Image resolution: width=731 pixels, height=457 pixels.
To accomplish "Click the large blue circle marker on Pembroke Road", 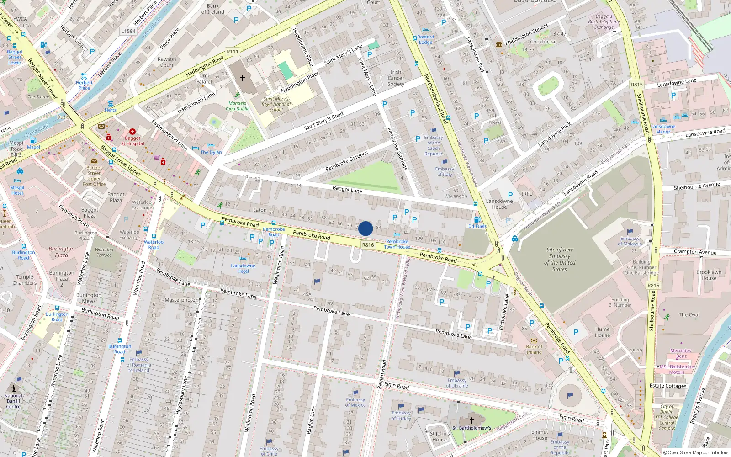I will pyautogui.click(x=365, y=228).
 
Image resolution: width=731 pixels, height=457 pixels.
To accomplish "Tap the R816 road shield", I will pyautogui.click(x=368, y=245).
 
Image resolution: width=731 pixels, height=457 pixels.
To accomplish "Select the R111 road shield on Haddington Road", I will pyautogui.click(x=233, y=52).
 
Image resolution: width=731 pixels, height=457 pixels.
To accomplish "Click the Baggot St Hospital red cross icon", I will pyautogui.click(x=132, y=132).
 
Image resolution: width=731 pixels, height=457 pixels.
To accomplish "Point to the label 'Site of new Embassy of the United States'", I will pyautogui.click(x=560, y=260).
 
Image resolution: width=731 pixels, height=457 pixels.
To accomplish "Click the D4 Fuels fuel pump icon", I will pyautogui.click(x=477, y=220).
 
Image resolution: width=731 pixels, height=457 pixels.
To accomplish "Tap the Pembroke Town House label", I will pyautogui.click(x=397, y=244).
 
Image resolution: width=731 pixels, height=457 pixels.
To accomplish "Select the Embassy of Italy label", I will pyautogui.click(x=444, y=171).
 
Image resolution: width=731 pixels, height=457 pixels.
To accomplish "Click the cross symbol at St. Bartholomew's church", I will pyautogui.click(x=472, y=420).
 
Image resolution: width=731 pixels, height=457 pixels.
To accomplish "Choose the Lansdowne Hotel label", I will pyautogui.click(x=243, y=268).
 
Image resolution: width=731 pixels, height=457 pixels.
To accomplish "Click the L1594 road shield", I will pyautogui.click(x=128, y=31).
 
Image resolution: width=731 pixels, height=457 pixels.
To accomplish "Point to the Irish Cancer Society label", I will pyautogui.click(x=396, y=78).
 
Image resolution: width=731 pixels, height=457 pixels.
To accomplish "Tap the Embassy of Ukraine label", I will pyautogui.click(x=457, y=383).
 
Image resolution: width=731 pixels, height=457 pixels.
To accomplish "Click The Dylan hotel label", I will pyautogui.click(x=211, y=152).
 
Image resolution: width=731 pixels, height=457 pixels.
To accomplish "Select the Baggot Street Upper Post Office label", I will pyautogui.click(x=94, y=176).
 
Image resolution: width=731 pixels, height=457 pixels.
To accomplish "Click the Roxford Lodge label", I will pyautogui.click(x=425, y=39).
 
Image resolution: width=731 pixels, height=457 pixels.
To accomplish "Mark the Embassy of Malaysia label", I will pyautogui.click(x=630, y=241).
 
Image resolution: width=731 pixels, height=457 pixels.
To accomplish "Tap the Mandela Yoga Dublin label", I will pyautogui.click(x=238, y=106).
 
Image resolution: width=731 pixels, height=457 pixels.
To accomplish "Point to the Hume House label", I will pyautogui.click(x=602, y=332).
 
